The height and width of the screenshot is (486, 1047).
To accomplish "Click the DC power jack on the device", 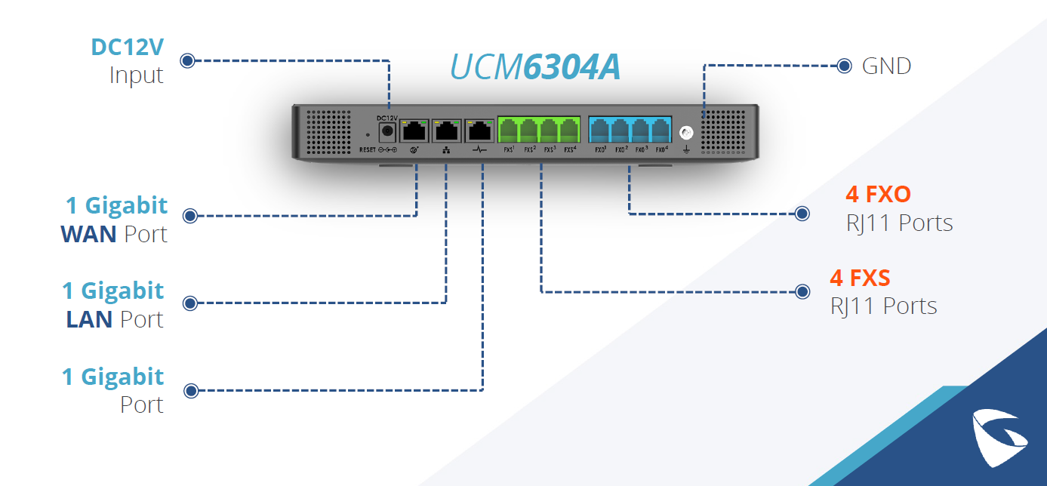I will [387, 132].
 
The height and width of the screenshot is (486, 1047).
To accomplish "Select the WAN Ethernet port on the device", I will [414, 131].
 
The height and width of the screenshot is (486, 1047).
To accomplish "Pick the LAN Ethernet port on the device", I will [446, 131].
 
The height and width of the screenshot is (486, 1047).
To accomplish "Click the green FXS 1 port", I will [508, 131].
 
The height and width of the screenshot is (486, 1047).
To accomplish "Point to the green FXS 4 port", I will [569, 131].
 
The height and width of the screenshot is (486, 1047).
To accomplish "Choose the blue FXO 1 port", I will [600, 131].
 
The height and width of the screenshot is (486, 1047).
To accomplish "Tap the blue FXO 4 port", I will [661, 131].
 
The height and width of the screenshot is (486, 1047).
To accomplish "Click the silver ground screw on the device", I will [687, 133].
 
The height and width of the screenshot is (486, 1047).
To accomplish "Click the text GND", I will [886, 66].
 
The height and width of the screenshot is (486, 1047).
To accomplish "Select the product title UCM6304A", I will [535, 68].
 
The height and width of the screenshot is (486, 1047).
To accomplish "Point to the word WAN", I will [88, 234].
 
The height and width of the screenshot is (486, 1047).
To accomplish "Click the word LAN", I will [89, 319].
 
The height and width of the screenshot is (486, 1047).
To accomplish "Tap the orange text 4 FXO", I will [878, 195].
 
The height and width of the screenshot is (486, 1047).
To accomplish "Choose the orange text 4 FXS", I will [860, 278].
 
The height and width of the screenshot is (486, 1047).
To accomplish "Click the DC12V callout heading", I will [127, 48].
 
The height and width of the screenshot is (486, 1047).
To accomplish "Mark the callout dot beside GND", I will [845, 66].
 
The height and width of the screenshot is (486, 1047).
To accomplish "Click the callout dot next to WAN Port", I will [190, 216].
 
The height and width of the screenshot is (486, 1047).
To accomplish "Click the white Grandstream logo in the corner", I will [997, 434].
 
